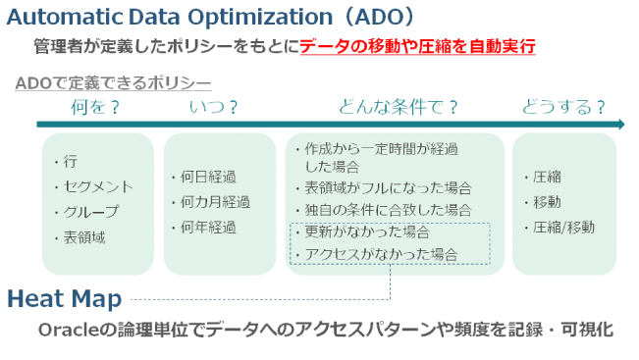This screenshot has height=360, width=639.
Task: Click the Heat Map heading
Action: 64,297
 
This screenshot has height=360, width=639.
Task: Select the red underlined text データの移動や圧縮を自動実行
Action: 417,46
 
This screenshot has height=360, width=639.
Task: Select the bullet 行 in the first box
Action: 70,162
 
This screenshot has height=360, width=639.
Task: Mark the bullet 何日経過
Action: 208,178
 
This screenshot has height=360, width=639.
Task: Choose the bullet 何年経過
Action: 208,228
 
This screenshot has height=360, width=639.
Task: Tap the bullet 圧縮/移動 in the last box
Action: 565,227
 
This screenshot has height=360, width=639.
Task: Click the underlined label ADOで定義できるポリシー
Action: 113,84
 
